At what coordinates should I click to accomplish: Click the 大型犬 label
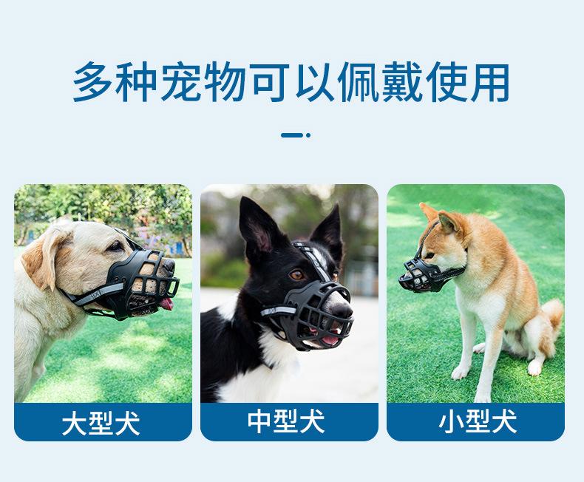pos(102,424)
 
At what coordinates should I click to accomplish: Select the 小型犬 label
pos(476,422)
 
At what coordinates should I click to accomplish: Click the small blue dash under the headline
pos(293,135)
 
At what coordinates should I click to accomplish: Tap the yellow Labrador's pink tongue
pos(167,303)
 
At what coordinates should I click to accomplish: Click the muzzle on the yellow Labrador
pos(144,281)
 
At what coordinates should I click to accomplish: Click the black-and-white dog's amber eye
pos(296,274)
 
